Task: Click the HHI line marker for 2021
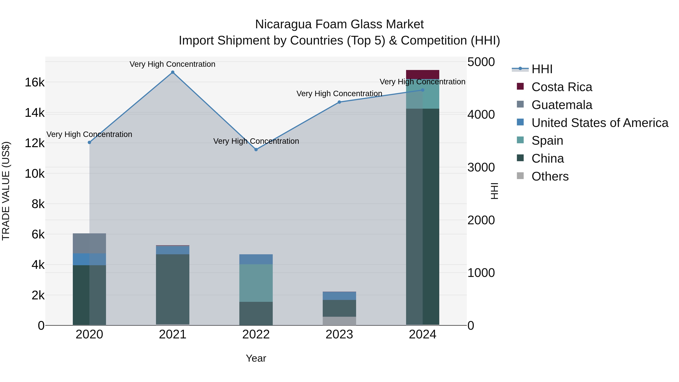(x=173, y=72)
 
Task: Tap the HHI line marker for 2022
(x=256, y=149)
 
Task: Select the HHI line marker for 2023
(x=339, y=102)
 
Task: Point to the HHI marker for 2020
(x=89, y=142)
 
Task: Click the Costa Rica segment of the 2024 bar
(x=422, y=74)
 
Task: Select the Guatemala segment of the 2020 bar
(x=89, y=243)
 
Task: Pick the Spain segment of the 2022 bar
(x=256, y=283)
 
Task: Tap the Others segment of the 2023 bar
(x=339, y=321)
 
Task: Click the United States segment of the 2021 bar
(x=173, y=250)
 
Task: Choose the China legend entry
(x=548, y=158)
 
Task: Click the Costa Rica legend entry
(x=561, y=87)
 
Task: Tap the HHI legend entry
(x=542, y=69)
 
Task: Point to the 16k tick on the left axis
(x=35, y=82)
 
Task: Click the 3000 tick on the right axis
(x=481, y=167)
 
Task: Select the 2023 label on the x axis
(x=339, y=334)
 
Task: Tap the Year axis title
(x=256, y=358)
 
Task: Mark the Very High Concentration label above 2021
(x=172, y=64)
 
